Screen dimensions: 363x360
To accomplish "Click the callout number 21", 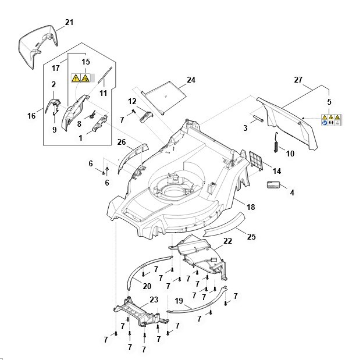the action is tap(69, 22).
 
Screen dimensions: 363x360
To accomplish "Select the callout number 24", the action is tap(191, 80).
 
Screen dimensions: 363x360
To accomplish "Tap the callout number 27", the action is tap(298, 80).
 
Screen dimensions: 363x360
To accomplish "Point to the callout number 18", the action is tap(251, 206).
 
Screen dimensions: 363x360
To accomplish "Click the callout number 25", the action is tap(251, 237).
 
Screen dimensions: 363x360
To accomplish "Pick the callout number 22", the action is tap(227, 241).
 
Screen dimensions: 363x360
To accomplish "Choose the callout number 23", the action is tap(154, 300).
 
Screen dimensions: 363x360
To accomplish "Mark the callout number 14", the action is tap(277, 171).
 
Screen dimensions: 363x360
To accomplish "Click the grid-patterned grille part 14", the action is tap(255, 161).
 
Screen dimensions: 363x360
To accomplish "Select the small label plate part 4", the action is tap(273, 185).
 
